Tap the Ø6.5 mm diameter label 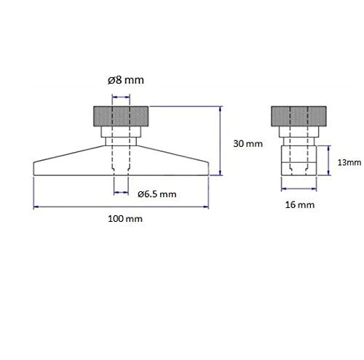[x=157, y=193]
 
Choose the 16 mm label [x=301, y=206]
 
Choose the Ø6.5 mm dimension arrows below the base [x=122, y=193]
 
